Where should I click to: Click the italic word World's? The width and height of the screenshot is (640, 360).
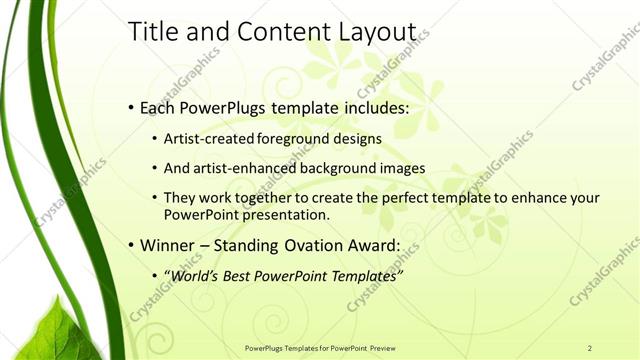[x=194, y=274]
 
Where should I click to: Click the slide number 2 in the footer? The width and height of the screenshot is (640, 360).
[x=590, y=348]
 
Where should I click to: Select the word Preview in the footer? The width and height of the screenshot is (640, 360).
[x=381, y=348]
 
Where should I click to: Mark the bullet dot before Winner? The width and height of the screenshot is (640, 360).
[x=132, y=245]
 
